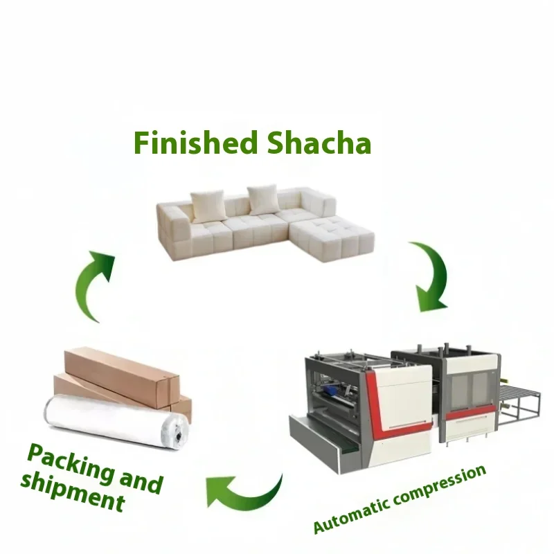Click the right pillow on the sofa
point(263,199)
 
